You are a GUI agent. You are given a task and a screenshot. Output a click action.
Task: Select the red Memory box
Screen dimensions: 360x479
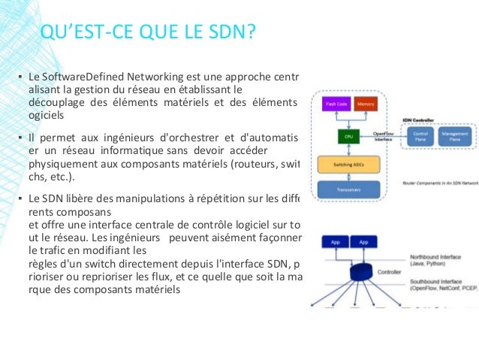366,104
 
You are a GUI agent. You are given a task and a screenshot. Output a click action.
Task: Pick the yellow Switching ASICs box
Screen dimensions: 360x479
348,164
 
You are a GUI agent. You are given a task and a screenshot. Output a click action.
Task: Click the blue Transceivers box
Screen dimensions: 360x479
348,189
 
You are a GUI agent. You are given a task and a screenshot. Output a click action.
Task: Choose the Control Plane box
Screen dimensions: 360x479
420,137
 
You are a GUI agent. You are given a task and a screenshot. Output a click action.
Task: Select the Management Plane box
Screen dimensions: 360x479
455,137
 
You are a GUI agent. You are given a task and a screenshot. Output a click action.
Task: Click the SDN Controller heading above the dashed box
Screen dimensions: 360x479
417,119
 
